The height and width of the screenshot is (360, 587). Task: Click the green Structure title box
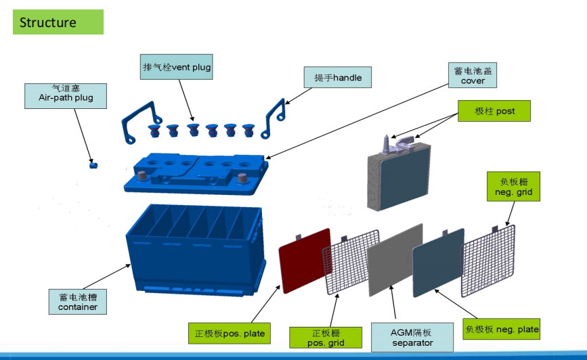click(x=58, y=22)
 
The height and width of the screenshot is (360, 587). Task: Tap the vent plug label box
click(x=177, y=67)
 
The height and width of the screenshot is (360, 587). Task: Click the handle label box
click(x=342, y=78)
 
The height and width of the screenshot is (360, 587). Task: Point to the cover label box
click(x=473, y=75)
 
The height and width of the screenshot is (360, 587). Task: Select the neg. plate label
click(x=502, y=330)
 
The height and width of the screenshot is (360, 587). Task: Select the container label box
click(x=77, y=302)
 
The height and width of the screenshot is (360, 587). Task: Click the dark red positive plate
click(x=305, y=261)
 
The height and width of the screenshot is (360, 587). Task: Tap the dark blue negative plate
click(x=438, y=260)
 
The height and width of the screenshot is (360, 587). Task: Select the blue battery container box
click(x=193, y=247)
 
